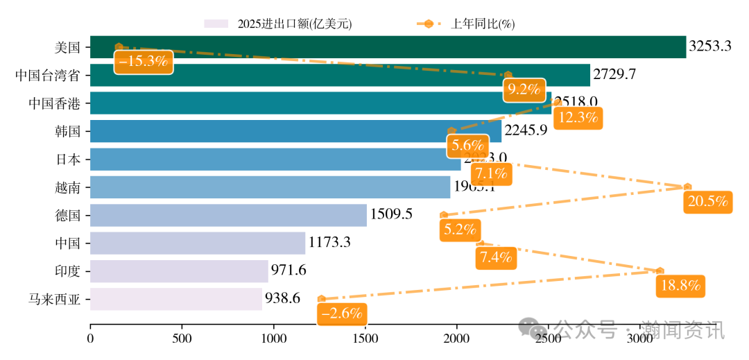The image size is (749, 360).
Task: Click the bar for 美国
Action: (x=388, y=47)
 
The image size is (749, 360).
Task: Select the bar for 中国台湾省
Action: (x=340, y=75)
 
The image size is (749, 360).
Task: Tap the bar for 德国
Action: (x=228, y=214)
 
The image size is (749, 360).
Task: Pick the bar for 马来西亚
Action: (x=176, y=299)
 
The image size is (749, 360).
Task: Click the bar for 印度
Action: (x=179, y=271)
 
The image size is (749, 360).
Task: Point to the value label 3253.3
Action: (x=709, y=47)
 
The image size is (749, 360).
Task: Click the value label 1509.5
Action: (x=391, y=214)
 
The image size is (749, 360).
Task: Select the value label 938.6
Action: (x=282, y=299)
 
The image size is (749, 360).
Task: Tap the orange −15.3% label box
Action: (x=143, y=61)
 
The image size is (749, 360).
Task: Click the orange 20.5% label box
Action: (x=708, y=202)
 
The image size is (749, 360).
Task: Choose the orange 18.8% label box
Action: (x=680, y=285)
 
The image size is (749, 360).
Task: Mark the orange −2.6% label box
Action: (x=342, y=314)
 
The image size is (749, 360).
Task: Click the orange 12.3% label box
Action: (x=578, y=117)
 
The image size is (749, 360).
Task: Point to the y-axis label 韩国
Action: (x=68, y=131)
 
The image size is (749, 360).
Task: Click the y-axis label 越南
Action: (x=68, y=187)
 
